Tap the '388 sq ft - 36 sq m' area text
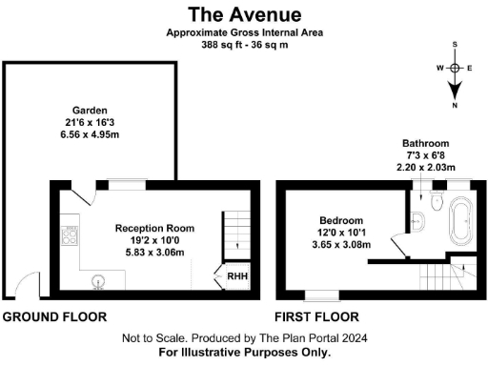[x=244, y=45]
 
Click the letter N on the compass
[x=456, y=105]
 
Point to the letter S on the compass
[x=456, y=45]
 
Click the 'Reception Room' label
[x=154, y=229]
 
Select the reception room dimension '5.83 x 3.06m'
[x=154, y=253]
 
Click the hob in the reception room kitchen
[x=68, y=234]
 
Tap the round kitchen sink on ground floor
[x=97, y=281]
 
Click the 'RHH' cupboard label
[x=232, y=278]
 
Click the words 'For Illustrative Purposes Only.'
[x=244, y=351]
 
